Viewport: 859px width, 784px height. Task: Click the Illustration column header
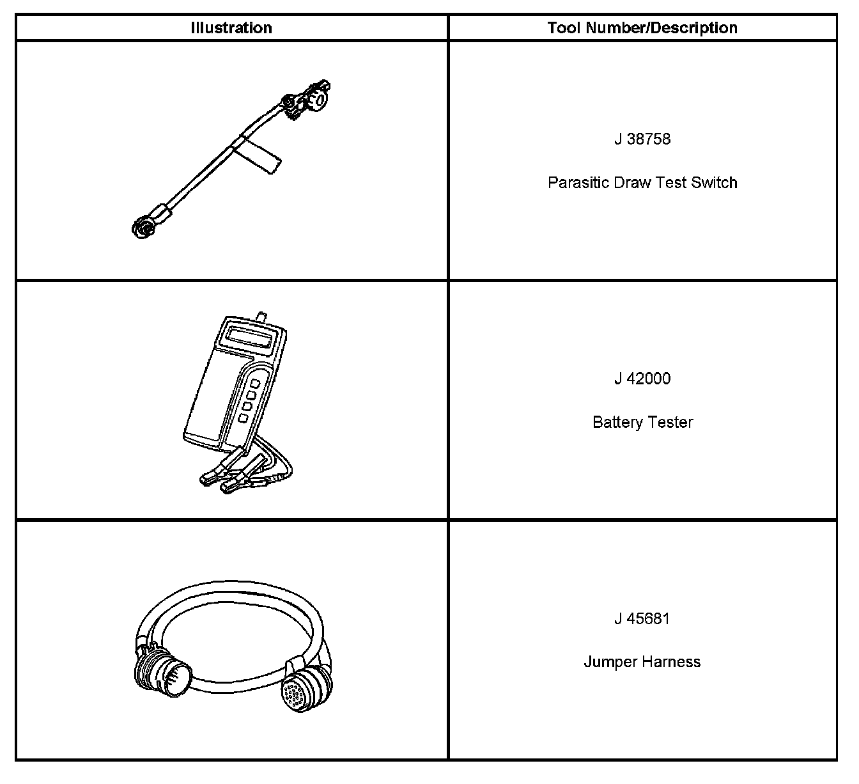(231, 28)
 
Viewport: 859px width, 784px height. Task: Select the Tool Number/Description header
(642, 28)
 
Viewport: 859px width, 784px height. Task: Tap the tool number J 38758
(642, 139)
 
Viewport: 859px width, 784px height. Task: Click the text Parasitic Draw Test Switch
(642, 183)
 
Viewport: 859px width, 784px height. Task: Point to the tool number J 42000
(642, 379)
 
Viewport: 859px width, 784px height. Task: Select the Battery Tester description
(642, 422)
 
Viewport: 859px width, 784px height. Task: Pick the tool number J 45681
(642, 618)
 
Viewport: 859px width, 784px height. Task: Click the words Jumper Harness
(642, 662)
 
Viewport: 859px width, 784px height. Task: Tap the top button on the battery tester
(255, 384)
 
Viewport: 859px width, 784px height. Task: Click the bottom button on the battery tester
(243, 418)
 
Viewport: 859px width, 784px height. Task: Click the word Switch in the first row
(717, 183)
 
